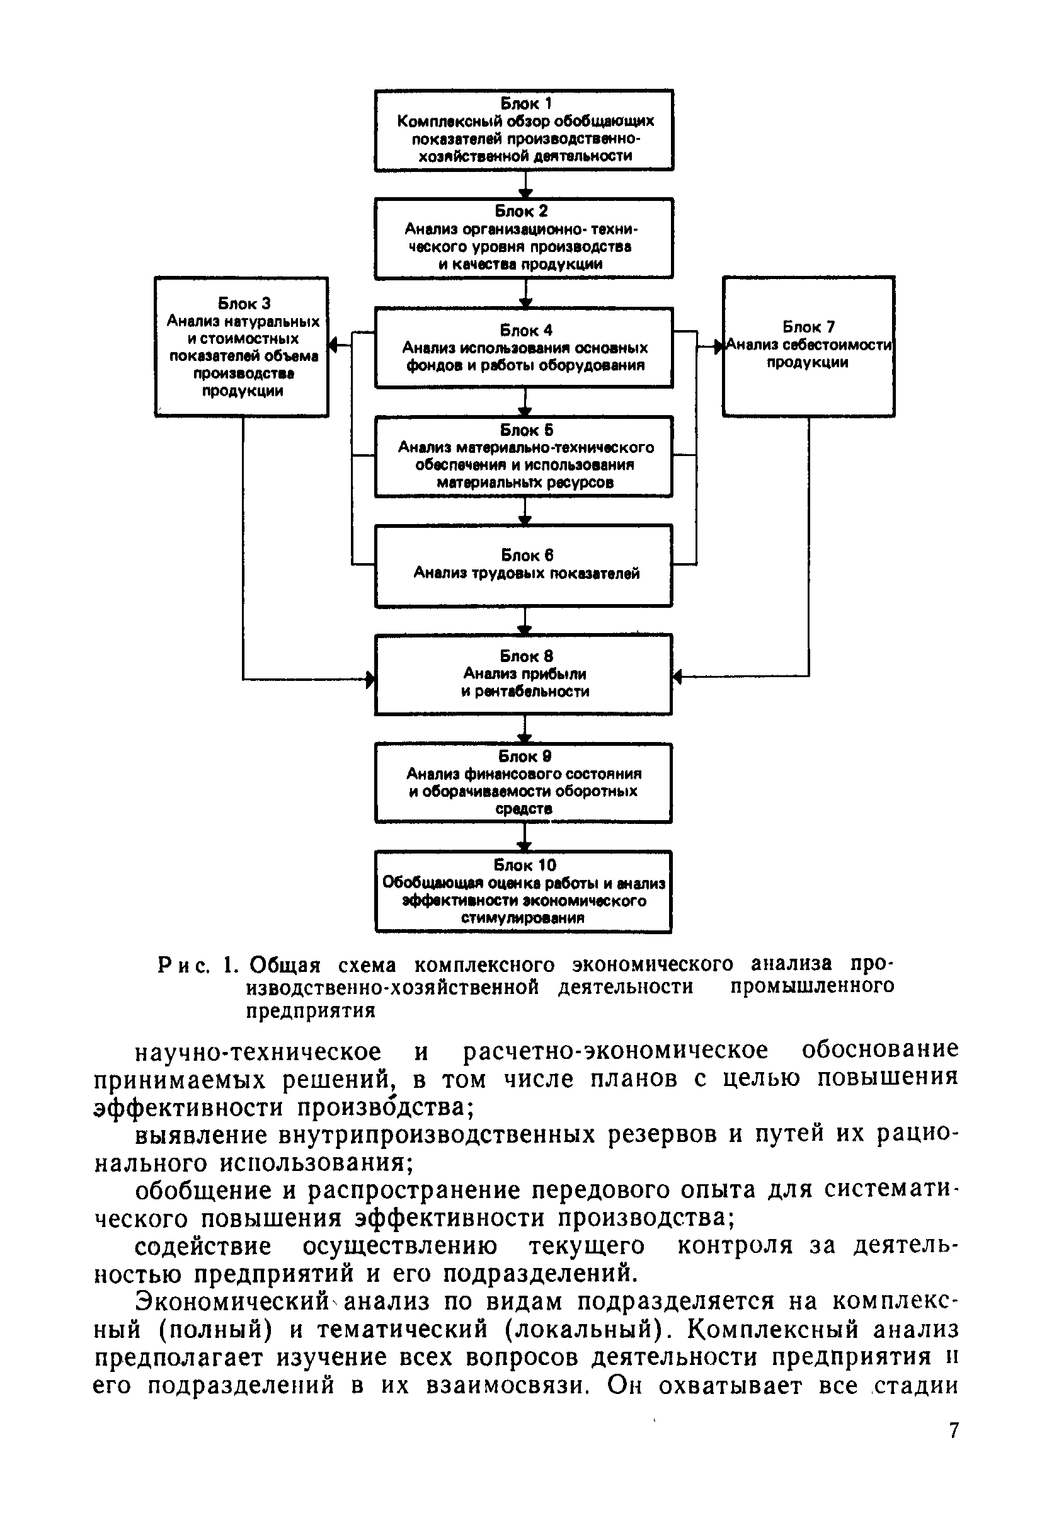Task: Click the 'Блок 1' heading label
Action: click(x=526, y=103)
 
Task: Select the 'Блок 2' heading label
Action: click(x=521, y=210)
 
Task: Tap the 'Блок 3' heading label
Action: click(x=243, y=303)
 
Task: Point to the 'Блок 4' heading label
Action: click(x=525, y=330)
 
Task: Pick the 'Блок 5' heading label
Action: click(x=526, y=430)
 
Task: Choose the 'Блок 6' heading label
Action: click(x=527, y=555)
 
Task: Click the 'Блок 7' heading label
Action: click(x=808, y=327)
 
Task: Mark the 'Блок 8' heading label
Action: click(x=526, y=656)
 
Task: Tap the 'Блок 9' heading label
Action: click(x=524, y=756)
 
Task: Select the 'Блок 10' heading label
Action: click(x=524, y=865)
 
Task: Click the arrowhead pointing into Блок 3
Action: click(x=333, y=345)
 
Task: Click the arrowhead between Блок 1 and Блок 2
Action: click(x=525, y=193)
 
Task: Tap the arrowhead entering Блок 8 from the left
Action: click(x=370, y=679)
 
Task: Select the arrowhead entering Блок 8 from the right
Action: click(x=678, y=677)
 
